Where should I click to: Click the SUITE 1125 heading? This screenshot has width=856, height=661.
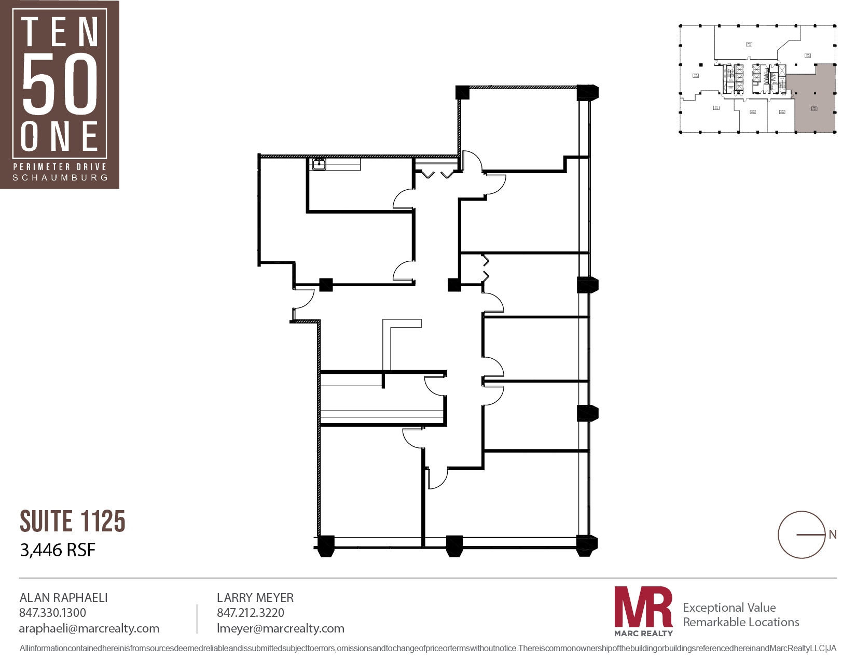(73, 521)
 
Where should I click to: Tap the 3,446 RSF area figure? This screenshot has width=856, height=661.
(58, 550)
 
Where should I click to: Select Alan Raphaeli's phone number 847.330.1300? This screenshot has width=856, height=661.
(52, 613)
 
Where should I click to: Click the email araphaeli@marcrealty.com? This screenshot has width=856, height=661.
(89, 629)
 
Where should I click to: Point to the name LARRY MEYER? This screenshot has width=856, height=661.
(255, 598)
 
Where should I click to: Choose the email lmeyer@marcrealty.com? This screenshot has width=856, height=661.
(281, 629)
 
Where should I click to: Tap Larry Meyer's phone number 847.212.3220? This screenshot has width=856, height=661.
(251, 613)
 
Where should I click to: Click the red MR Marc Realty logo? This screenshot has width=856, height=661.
(643, 611)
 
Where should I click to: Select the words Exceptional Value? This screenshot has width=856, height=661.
(729, 608)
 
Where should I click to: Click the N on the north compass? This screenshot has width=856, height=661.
(833, 535)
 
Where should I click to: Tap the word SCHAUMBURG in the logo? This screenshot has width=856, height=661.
(60, 178)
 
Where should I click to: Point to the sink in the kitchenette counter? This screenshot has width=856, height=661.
(318, 164)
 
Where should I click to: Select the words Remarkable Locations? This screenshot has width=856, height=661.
(741, 622)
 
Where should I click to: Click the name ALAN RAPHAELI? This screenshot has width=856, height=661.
(63, 598)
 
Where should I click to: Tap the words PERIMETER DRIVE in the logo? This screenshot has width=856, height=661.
(60, 167)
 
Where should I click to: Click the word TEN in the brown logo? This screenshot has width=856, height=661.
(60, 32)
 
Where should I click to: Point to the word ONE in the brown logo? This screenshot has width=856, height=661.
(60, 136)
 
